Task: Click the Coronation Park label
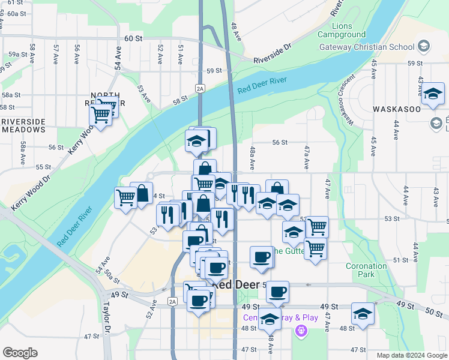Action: coord(366,270)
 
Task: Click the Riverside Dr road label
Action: coord(272,53)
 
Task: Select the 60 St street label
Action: coord(133,38)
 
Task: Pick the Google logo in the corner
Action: coord(20,353)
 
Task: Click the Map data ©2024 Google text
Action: coord(411,355)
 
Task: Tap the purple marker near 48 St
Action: coord(301,330)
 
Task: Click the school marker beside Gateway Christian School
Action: coord(424,46)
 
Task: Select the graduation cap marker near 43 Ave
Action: coord(432,95)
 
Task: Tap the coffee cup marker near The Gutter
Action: coord(261,257)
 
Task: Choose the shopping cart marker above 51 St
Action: coord(315,247)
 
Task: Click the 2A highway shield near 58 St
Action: coord(200,89)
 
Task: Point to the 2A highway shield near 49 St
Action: coord(173,301)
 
